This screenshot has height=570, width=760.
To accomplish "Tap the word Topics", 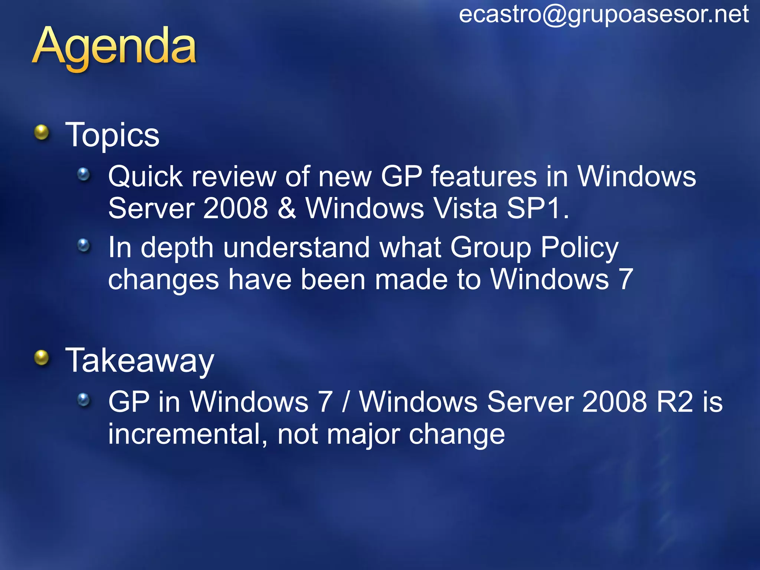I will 112,135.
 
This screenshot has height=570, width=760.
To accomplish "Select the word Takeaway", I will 140,361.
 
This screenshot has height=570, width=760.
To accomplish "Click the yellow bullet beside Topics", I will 42,132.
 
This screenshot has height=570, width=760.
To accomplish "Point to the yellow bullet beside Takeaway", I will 42,358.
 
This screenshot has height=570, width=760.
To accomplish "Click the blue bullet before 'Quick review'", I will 83,174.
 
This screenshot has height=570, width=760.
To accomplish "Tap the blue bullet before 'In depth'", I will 83,245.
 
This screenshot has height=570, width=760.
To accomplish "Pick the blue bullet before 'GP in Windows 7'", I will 83,400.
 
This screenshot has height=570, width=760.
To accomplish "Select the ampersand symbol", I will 286,208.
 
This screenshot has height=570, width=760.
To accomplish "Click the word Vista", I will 465,208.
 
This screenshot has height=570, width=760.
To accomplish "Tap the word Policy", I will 579,248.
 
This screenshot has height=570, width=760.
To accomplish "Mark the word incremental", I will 187,434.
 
